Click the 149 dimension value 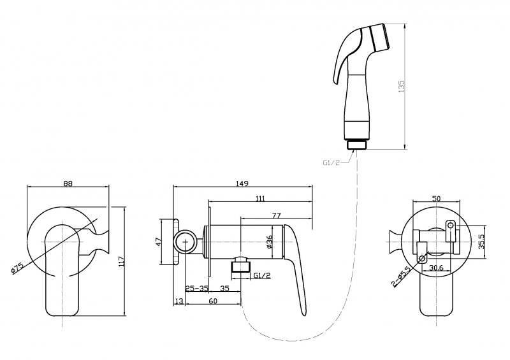242,184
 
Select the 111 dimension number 261,198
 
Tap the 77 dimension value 276,215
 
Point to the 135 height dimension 401,87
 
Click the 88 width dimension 68,184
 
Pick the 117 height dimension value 122,261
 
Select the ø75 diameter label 18,268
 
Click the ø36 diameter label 269,242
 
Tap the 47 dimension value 158,242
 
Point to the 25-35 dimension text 196,289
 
